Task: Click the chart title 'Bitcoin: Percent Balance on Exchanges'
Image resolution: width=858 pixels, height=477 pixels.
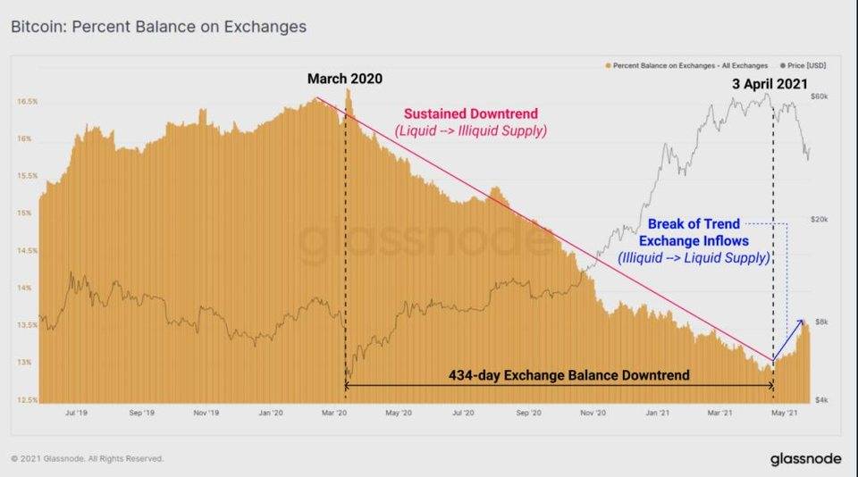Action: click(158, 27)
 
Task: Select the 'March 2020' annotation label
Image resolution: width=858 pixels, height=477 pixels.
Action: click(344, 79)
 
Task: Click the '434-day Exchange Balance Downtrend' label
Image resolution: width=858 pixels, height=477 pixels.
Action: click(568, 375)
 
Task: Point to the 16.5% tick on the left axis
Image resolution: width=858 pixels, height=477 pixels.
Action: click(26, 102)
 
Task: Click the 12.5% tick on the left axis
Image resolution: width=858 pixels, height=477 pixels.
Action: click(26, 400)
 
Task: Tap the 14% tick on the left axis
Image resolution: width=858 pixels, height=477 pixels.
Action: click(26, 289)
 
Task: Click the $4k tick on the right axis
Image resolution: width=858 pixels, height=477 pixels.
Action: click(820, 400)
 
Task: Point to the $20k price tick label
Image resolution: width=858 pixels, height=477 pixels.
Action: click(820, 220)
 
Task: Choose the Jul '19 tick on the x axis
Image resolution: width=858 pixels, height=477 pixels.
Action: click(75, 414)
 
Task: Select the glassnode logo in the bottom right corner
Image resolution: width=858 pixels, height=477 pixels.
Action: click(805, 458)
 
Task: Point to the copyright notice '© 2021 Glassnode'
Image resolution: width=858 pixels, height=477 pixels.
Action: click(88, 458)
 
